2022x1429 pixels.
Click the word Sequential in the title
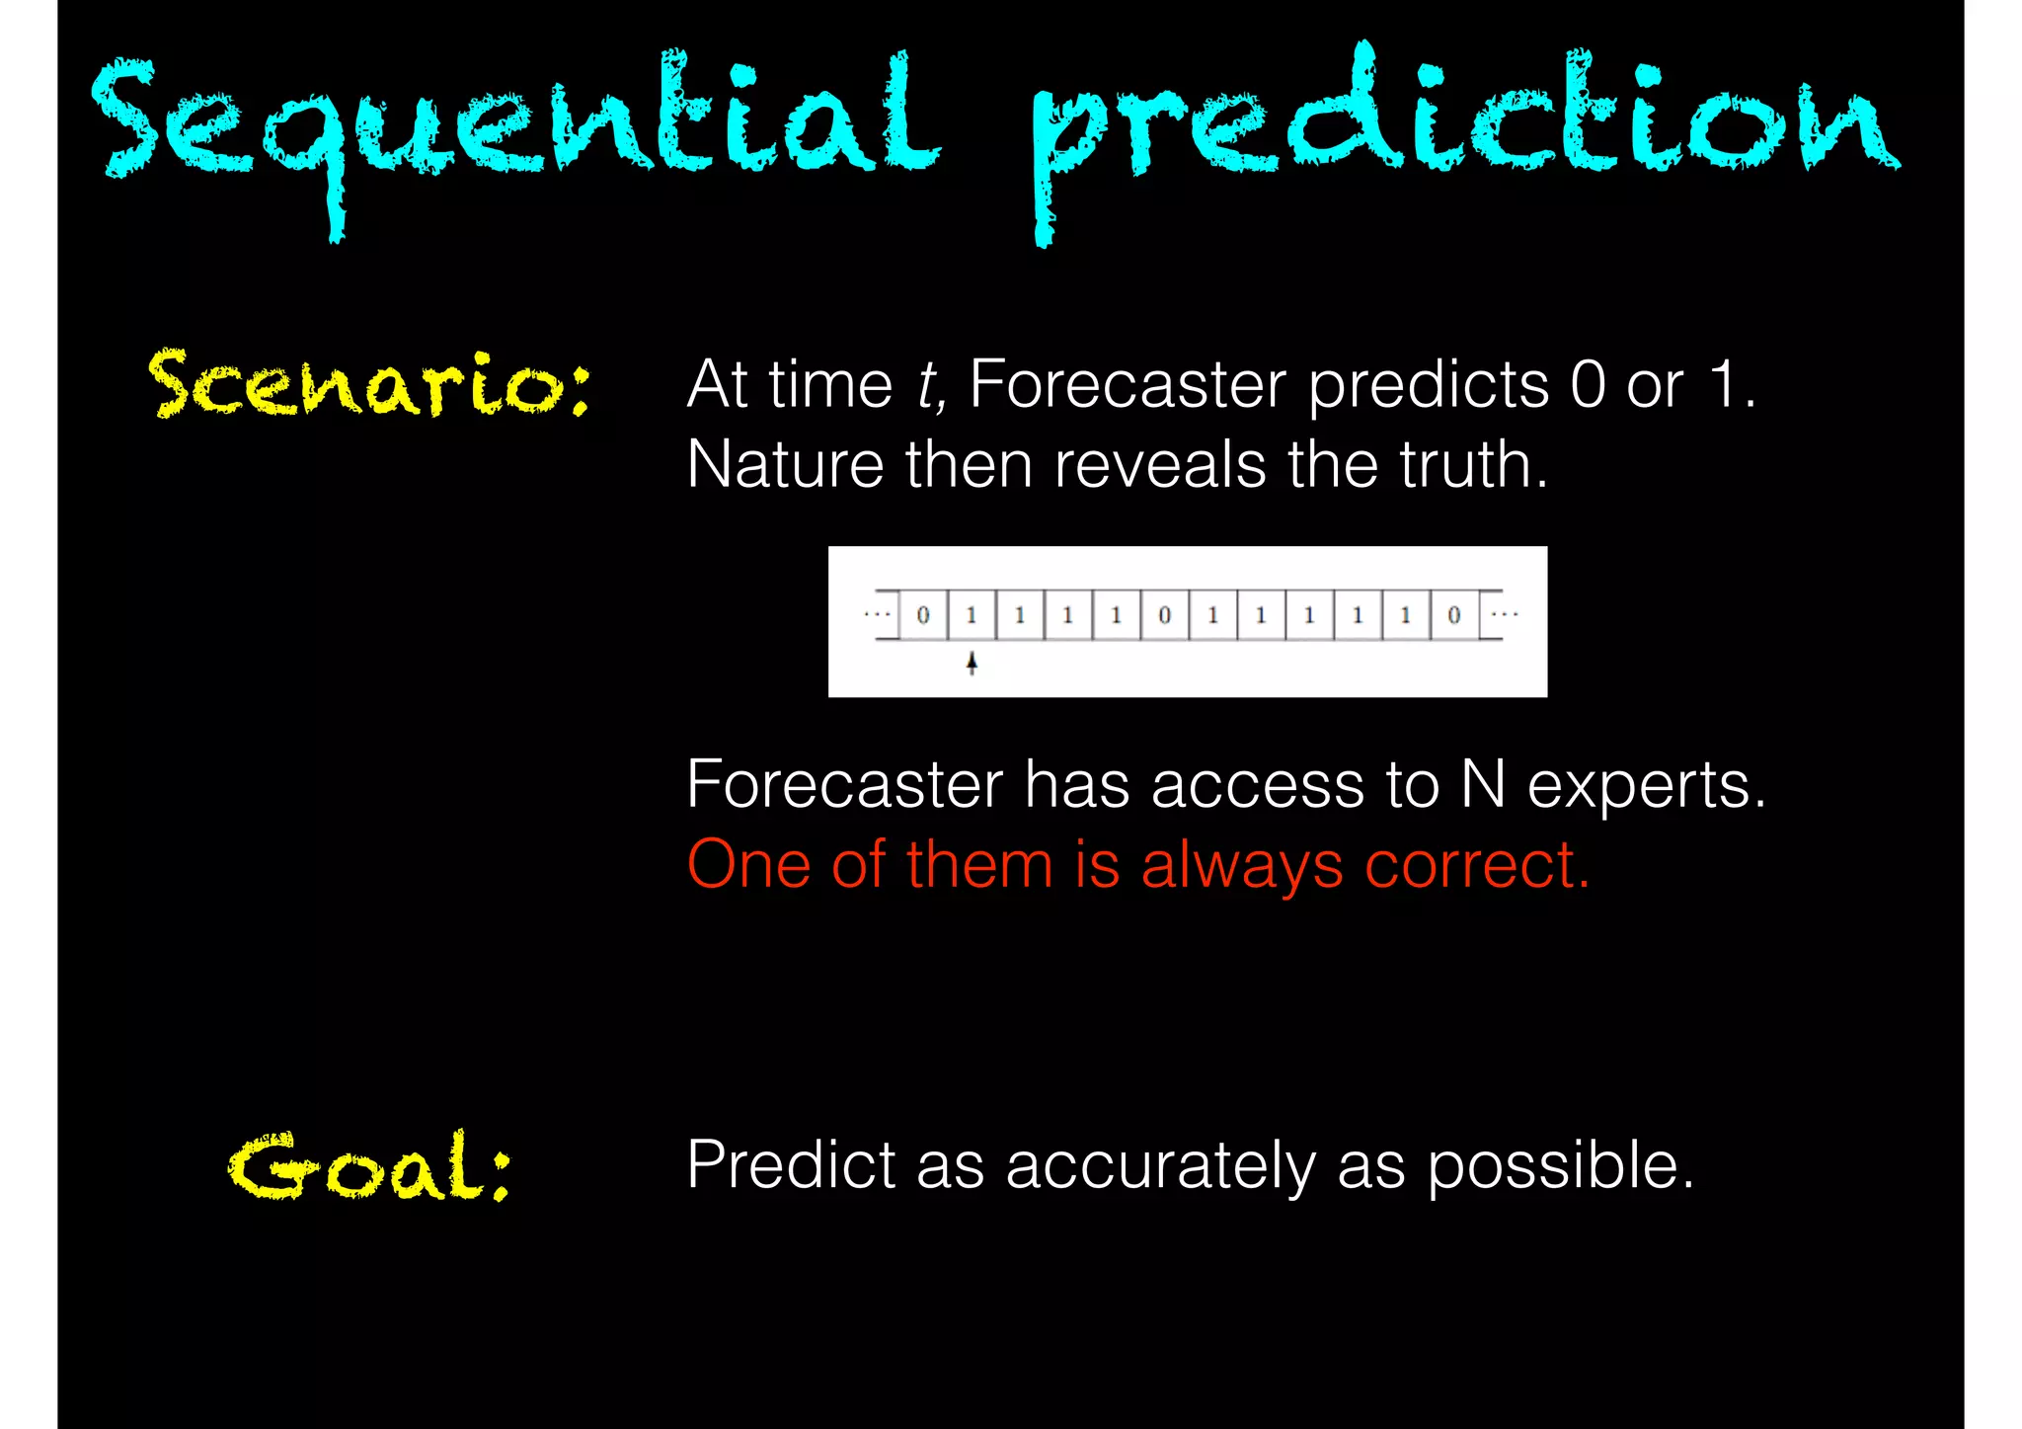point(513,123)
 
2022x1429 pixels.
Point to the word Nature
point(784,464)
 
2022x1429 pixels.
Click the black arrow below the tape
point(972,663)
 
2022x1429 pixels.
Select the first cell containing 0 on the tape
point(923,615)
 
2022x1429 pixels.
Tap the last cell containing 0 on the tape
point(1453,615)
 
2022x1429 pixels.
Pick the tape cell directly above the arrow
point(972,615)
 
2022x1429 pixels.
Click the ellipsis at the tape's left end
point(877,614)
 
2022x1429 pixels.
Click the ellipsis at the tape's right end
point(1504,614)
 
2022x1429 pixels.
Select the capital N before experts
point(1483,785)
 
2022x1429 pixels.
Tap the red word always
point(1241,866)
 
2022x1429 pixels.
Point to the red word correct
point(1476,866)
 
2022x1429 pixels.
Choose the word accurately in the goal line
point(1160,1166)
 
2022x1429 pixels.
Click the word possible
point(1560,1166)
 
